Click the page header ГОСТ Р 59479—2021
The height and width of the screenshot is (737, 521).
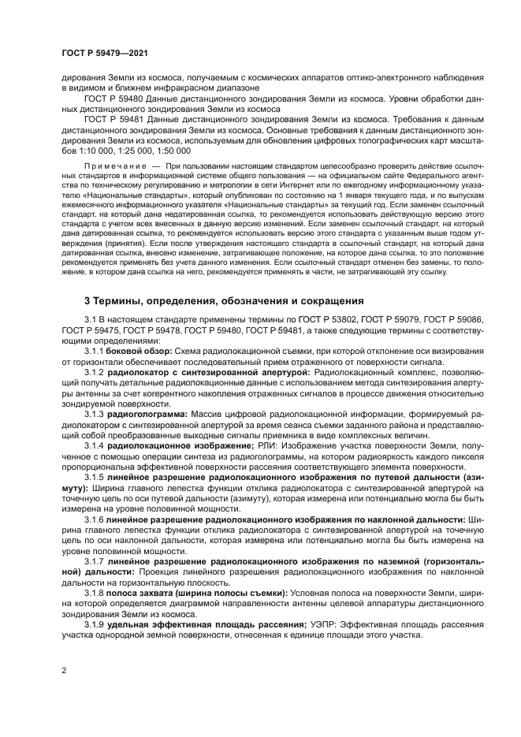(x=100, y=53)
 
